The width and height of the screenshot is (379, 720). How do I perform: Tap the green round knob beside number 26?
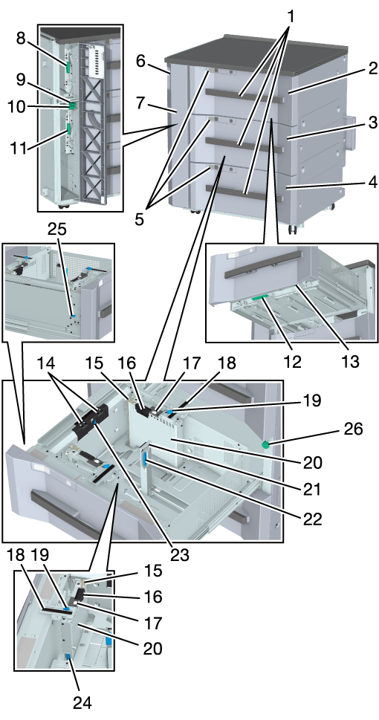pos(265,444)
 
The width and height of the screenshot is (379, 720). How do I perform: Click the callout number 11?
pos(19,148)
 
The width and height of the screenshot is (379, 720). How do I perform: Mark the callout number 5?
pos(139,219)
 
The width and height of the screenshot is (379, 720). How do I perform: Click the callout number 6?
pos(140,62)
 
